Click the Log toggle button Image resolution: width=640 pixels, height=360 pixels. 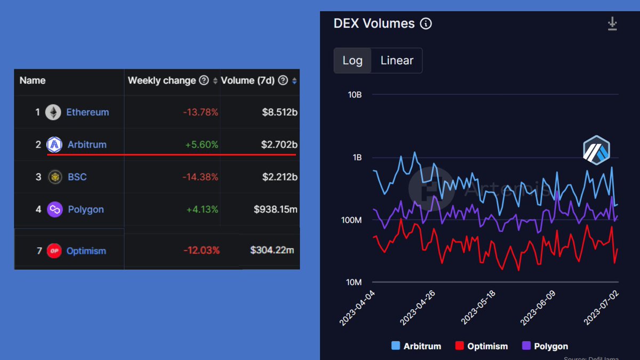pos(352,60)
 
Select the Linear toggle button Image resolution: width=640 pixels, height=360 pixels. pos(397,60)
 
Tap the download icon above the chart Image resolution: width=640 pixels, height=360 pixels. pos(612,23)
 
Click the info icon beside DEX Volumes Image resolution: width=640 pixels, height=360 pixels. pos(426,23)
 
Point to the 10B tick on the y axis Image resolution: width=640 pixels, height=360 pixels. pos(354,95)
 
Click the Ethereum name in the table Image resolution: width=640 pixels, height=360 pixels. pos(87,112)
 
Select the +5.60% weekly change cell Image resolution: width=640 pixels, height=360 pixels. pos(202,145)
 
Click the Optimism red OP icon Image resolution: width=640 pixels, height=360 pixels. pos(54,251)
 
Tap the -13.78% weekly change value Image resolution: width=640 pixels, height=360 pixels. pos(200,112)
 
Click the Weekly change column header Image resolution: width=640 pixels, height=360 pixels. pos(162,81)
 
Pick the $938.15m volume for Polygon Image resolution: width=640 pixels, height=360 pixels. pos(276,209)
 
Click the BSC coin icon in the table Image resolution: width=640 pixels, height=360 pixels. pos(54,177)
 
